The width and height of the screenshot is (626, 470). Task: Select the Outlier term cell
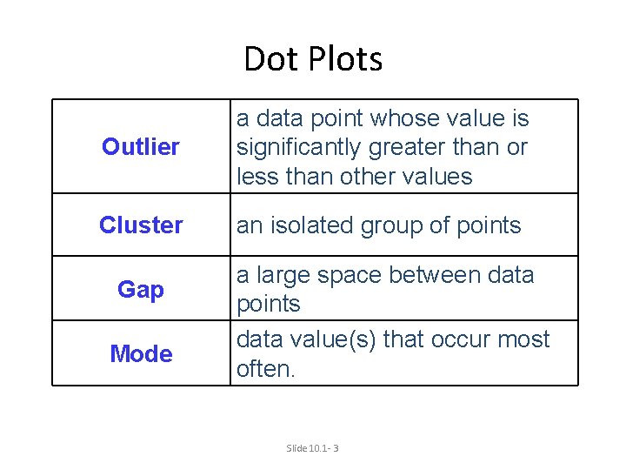[x=141, y=147]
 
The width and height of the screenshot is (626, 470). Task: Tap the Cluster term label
[x=141, y=225]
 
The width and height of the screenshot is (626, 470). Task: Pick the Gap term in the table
[x=141, y=289]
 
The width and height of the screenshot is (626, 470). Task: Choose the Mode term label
[x=141, y=354]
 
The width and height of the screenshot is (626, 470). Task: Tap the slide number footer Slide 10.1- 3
[x=312, y=447]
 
